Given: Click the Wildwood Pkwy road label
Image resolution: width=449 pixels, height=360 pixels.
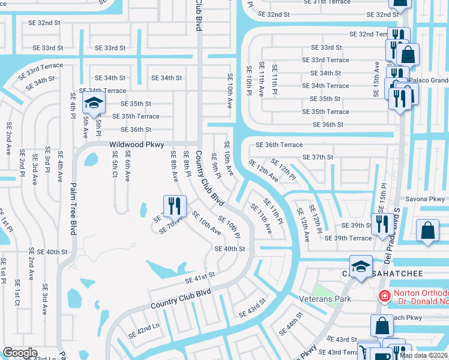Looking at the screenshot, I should click(137, 145).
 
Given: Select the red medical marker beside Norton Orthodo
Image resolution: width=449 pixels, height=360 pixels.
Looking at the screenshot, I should click(384, 295).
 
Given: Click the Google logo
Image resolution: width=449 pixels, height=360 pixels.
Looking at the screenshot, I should click(20, 353).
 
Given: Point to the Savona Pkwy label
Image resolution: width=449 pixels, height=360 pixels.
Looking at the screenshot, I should click(424, 199).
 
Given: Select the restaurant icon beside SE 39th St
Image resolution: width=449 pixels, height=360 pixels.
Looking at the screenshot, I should click(382, 224).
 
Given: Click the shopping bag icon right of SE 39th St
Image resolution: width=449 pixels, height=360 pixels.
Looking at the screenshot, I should click(428, 232).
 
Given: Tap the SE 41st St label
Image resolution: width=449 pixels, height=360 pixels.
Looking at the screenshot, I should click(200, 276).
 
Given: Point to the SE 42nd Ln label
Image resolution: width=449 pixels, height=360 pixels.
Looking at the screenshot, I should click(143, 332).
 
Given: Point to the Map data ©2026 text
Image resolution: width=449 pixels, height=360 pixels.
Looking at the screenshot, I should click(423, 355).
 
